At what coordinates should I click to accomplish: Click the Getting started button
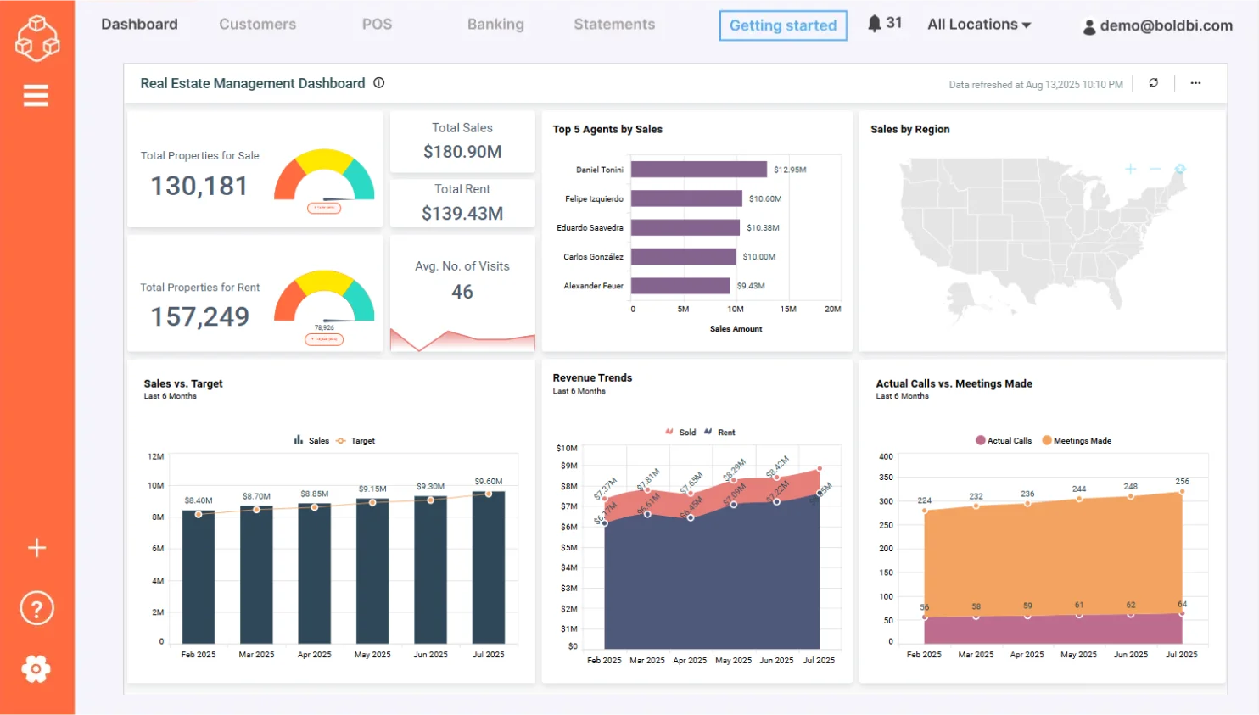tap(782, 25)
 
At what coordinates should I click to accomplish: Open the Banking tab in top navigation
tap(495, 25)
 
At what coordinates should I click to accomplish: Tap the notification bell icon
tap(875, 24)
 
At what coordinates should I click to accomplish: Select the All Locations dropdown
tap(978, 25)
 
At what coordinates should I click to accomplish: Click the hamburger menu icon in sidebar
tap(36, 96)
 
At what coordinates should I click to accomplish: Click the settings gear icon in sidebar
tap(36, 669)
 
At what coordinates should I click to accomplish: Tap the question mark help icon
tap(36, 608)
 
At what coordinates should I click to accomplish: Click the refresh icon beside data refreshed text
tap(1154, 83)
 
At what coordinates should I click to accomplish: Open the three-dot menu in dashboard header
tap(1195, 83)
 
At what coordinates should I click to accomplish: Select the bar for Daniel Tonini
tap(698, 170)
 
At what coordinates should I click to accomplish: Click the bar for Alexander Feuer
tap(680, 286)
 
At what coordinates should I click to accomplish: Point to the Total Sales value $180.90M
tap(462, 152)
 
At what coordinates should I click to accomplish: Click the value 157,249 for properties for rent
tap(200, 316)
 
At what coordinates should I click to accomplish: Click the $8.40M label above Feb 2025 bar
tap(199, 500)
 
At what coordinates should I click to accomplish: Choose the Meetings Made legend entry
tap(1076, 441)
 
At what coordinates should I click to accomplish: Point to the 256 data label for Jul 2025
tap(1182, 481)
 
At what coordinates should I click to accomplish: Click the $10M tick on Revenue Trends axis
tap(567, 448)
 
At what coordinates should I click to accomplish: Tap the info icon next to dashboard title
tap(379, 83)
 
